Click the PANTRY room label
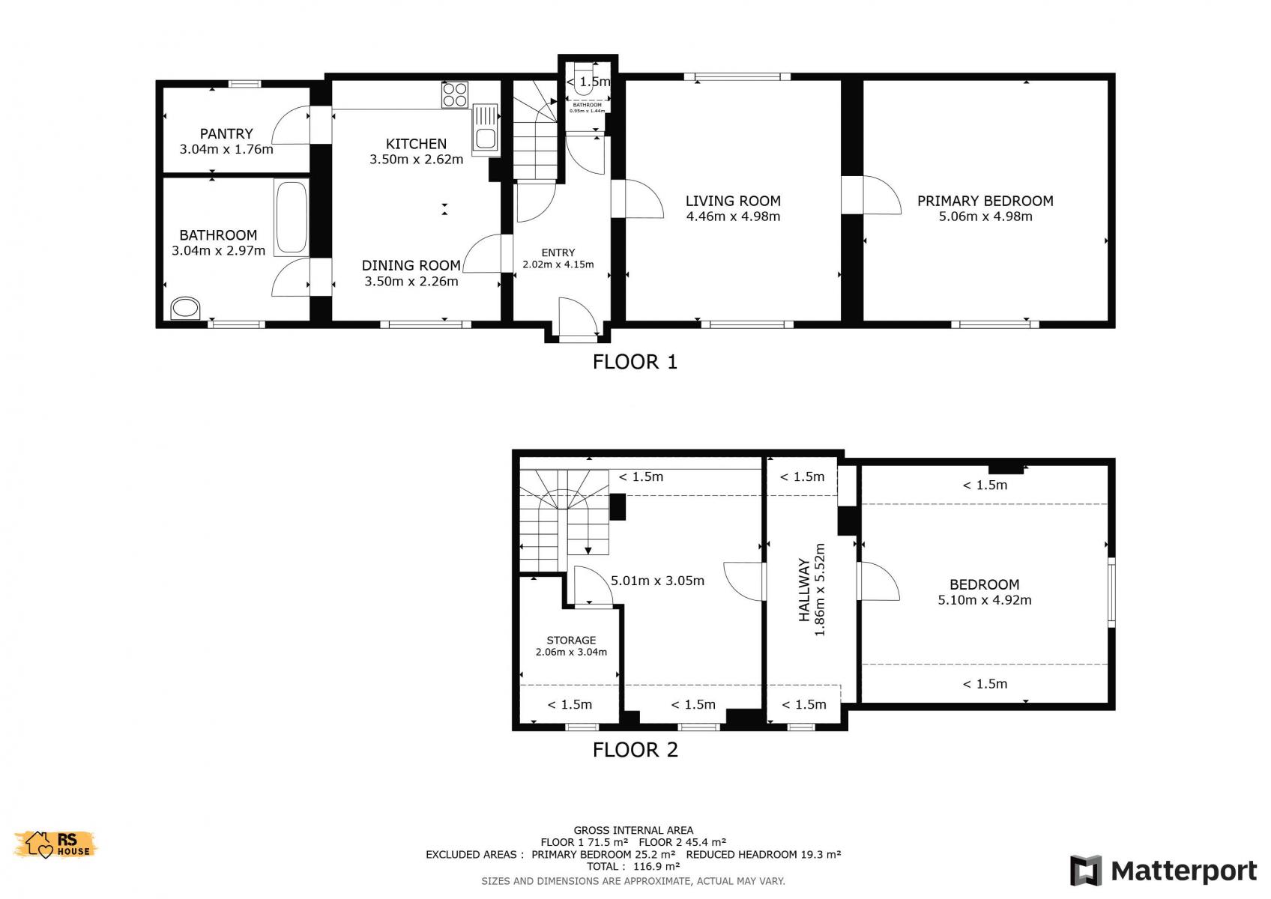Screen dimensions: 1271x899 coord(226,134)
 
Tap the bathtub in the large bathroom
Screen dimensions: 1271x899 coord(291,217)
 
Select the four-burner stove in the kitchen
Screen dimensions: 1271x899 coord(454,94)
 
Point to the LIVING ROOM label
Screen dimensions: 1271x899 coord(732,201)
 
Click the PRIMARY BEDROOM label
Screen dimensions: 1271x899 coord(985,201)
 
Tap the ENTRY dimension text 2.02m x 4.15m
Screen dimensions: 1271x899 coord(558,264)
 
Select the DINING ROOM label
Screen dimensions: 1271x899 coord(411,265)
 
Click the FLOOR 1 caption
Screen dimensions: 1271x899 coord(635,362)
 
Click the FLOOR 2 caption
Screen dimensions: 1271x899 coord(635,750)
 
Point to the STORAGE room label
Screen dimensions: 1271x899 coord(571,640)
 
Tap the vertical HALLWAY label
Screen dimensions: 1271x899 coord(804,590)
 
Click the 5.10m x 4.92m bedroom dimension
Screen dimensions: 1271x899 coord(985,600)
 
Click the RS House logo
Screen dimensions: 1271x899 coord(55,844)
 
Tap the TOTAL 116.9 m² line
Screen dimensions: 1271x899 coord(633,866)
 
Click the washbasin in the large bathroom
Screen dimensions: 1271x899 coord(186,309)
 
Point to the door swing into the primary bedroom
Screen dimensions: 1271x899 coord(882,195)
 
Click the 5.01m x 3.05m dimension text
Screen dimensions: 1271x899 coord(658,581)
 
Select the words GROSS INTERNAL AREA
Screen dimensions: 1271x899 coord(633,830)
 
